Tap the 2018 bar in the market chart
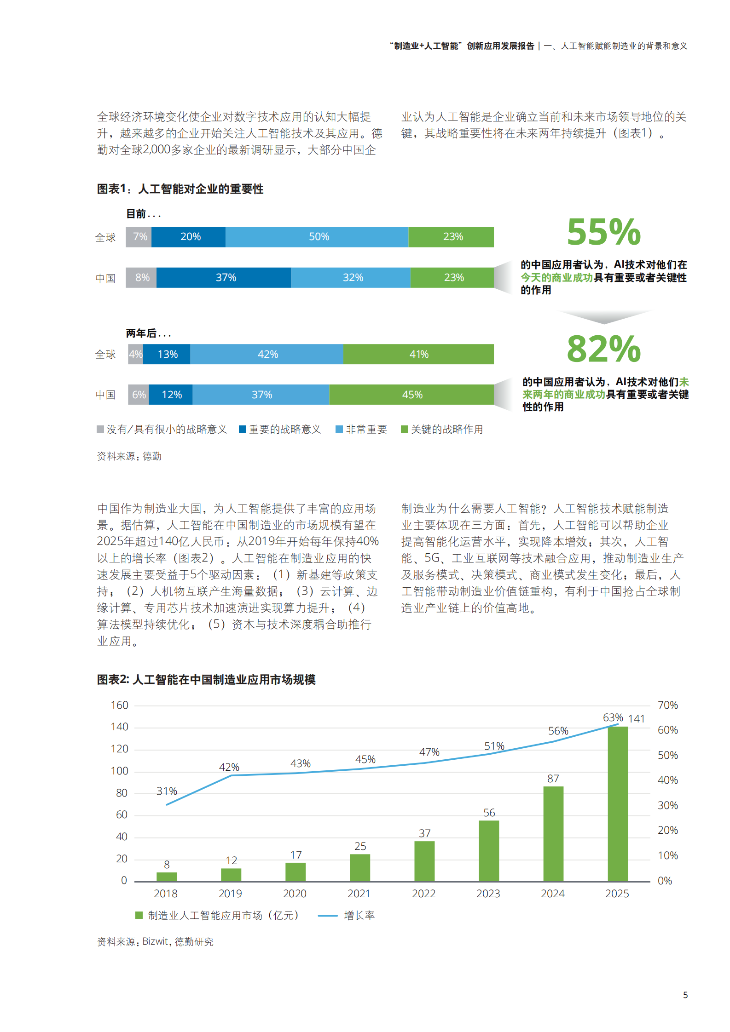[167, 877]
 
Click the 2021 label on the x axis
[359, 894]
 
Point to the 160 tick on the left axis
[119, 705]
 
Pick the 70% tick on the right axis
[667, 705]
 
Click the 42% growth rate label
[229, 767]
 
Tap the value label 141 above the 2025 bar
[637, 719]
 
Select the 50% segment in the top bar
[318, 237]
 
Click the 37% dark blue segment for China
[225, 278]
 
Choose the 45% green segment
[412, 395]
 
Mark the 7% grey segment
[139, 237]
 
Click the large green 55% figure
[603, 232]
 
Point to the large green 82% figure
[603, 349]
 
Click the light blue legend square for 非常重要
[339, 429]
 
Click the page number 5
[685, 995]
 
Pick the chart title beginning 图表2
[206, 679]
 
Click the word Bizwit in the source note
[155, 941]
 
